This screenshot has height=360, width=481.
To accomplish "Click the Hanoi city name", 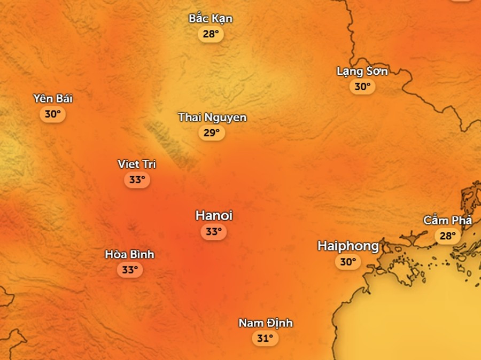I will tap(214, 216).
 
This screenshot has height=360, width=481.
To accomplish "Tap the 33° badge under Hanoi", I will tap(213, 232).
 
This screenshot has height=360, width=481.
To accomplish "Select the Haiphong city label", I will tap(348, 246).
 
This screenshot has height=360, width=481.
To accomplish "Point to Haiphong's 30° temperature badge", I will tap(347, 262).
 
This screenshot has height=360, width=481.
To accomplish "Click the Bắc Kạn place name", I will tap(211, 19).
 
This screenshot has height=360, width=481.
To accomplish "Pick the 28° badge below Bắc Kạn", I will tap(211, 34).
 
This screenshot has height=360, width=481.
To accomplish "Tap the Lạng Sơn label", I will tap(362, 71).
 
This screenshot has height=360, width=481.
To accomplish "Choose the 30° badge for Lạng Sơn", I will tap(362, 87).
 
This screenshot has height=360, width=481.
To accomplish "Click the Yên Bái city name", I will tap(52, 98).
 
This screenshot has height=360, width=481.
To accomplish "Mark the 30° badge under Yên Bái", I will tap(52, 114).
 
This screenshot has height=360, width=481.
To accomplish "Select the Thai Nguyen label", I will tap(212, 117).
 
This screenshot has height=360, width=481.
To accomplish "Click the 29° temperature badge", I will tap(212, 132).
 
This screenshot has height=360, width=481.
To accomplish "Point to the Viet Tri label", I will tap(137, 164).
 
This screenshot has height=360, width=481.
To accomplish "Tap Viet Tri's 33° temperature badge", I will tap(137, 179).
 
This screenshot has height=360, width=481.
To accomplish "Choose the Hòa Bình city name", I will tap(129, 254).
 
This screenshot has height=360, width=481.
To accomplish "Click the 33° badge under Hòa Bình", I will tap(129, 270).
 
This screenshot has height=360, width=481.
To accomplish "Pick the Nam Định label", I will tap(265, 323).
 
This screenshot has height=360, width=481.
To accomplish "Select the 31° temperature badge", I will tap(265, 338).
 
